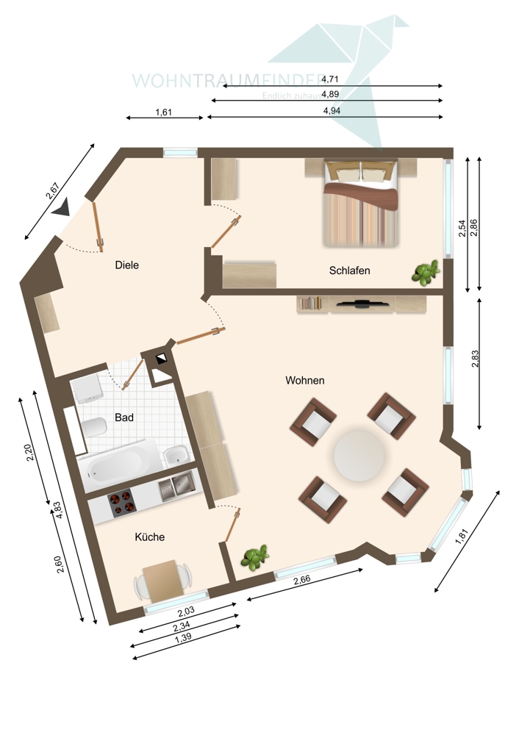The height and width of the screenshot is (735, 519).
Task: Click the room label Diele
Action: point(127,265)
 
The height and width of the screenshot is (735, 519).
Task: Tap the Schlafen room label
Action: point(349,270)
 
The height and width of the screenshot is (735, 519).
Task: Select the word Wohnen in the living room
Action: point(305,381)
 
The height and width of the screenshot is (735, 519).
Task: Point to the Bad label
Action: point(124,417)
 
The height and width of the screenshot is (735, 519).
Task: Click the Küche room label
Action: point(149,537)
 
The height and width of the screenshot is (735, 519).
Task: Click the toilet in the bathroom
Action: point(95,428)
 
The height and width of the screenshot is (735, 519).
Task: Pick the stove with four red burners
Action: point(123,504)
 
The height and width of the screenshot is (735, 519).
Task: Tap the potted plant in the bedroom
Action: point(425,273)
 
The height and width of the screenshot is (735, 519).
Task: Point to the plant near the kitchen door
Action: point(254,558)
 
